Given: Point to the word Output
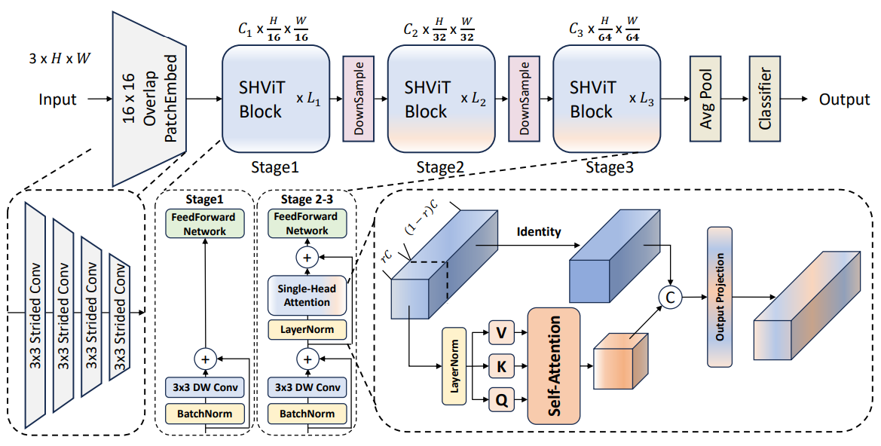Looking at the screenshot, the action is click(x=844, y=99).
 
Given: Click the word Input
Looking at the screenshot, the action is click(x=57, y=99).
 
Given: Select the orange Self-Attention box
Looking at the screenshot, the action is click(x=553, y=365).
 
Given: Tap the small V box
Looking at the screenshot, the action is click(x=502, y=334).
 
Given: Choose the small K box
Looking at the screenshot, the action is click(x=502, y=367).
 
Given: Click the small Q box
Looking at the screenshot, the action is click(x=502, y=400).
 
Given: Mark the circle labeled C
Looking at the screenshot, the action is click(x=670, y=298).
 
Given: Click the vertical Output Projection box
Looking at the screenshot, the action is click(x=720, y=297).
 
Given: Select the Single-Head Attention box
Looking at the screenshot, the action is click(x=307, y=295).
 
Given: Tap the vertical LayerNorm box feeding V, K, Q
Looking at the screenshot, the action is click(x=454, y=366).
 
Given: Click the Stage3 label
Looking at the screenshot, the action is click(x=610, y=166).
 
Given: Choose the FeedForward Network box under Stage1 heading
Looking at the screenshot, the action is click(x=205, y=224).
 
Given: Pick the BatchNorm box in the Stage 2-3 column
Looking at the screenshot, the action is click(x=307, y=414).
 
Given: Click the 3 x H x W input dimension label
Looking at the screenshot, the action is click(x=59, y=58).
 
